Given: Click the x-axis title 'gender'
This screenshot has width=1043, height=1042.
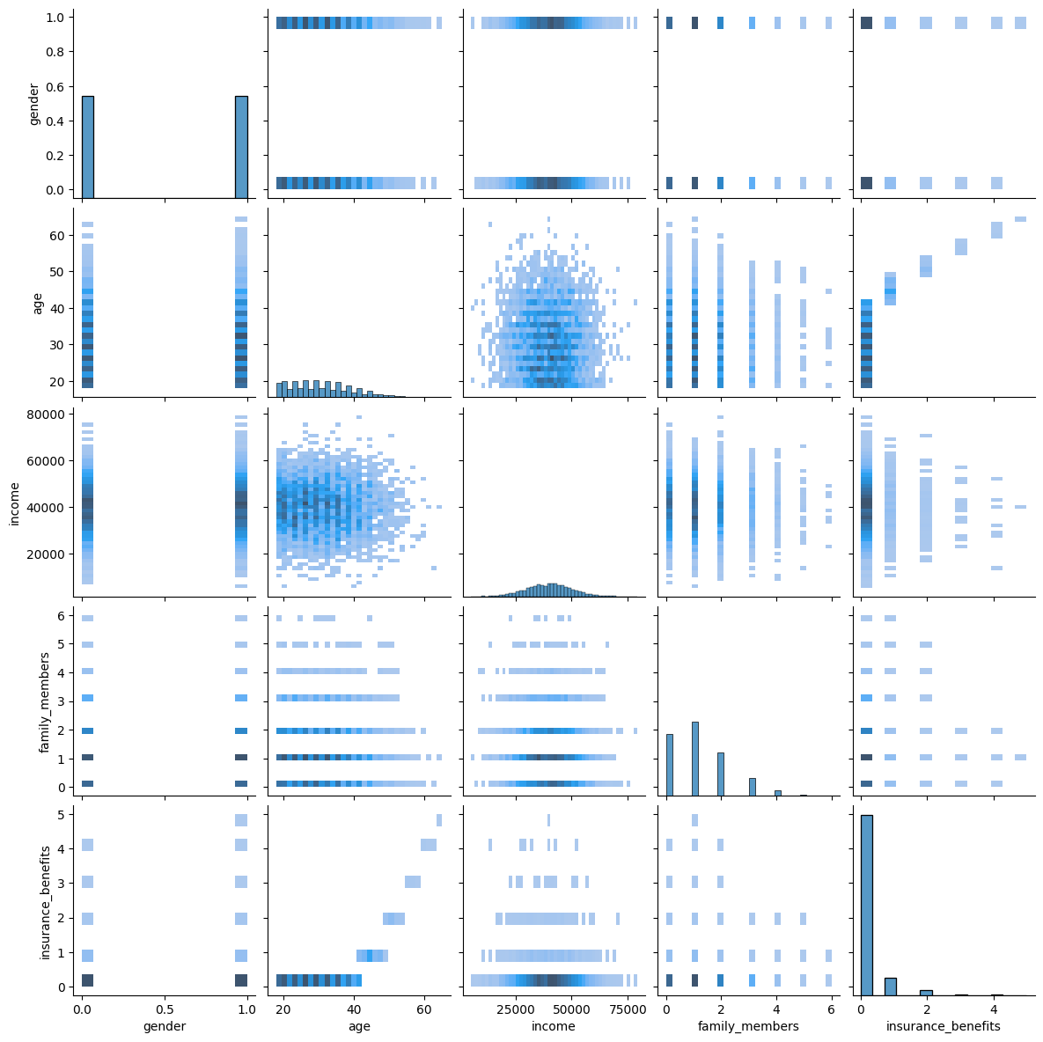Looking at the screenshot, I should click(x=165, y=1026).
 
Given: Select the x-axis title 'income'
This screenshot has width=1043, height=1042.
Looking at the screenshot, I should click(x=554, y=1026).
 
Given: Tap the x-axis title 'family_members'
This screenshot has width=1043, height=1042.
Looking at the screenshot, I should click(x=748, y=1026).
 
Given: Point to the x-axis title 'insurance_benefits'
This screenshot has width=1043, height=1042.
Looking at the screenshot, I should click(x=943, y=1026).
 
